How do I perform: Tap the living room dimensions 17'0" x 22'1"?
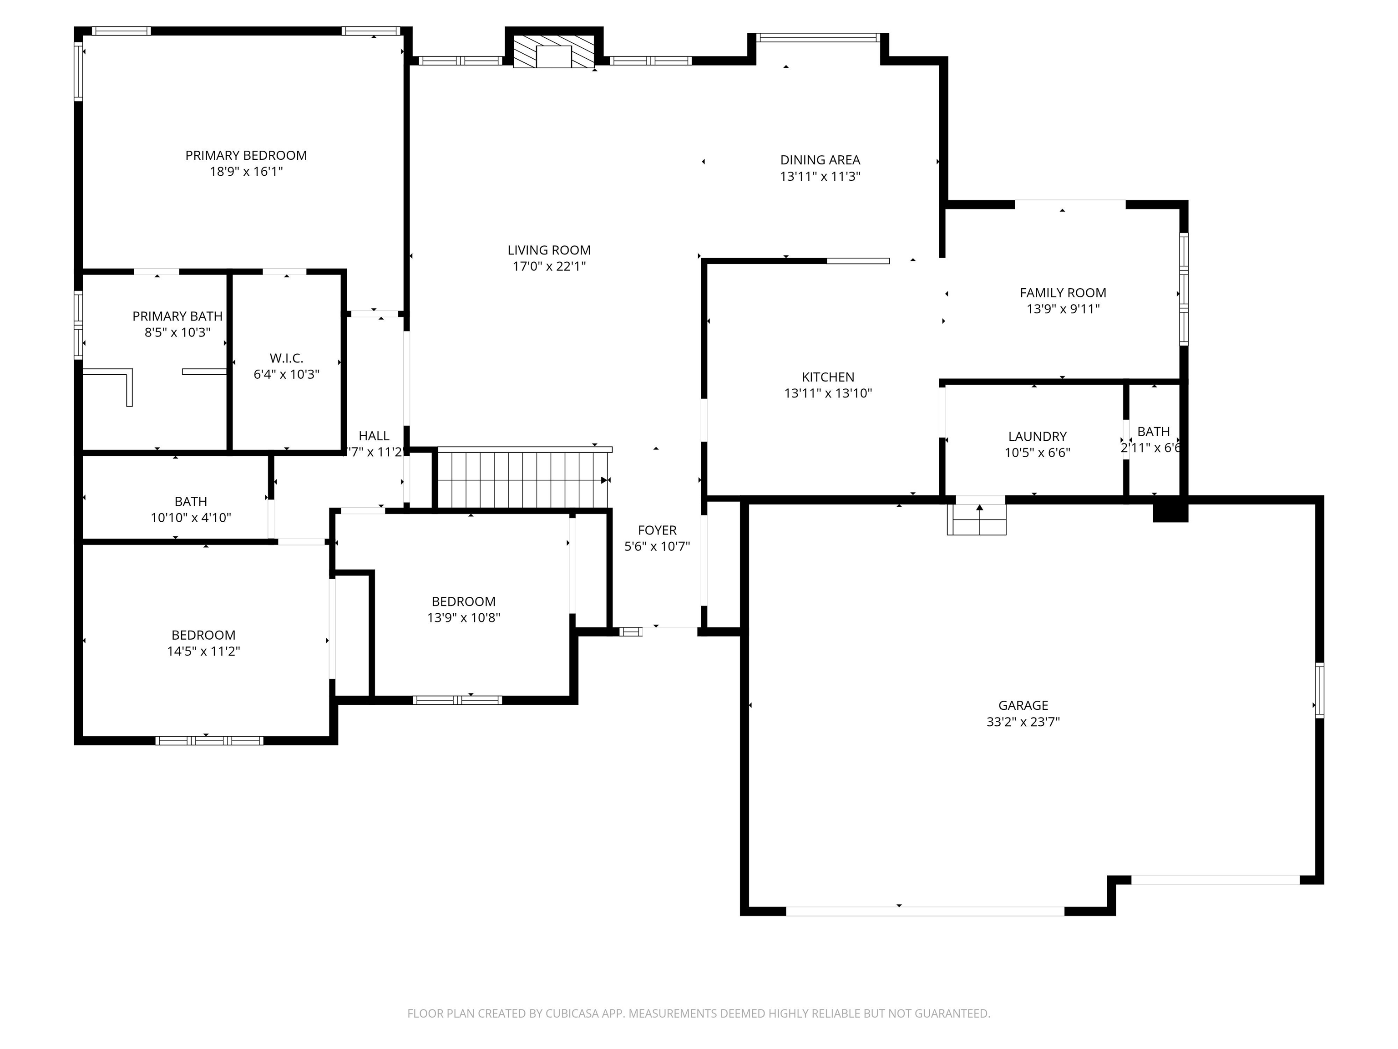click(548, 267)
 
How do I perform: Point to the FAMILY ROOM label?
click(1063, 293)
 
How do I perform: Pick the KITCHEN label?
click(828, 377)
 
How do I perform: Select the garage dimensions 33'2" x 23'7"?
click(1023, 722)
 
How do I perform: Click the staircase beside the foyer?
click(522, 480)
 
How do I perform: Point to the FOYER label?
click(657, 530)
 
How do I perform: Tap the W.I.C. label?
click(286, 358)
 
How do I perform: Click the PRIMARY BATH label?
click(177, 316)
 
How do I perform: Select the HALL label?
click(374, 436)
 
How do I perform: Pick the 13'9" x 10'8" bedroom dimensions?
click(463, 618)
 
